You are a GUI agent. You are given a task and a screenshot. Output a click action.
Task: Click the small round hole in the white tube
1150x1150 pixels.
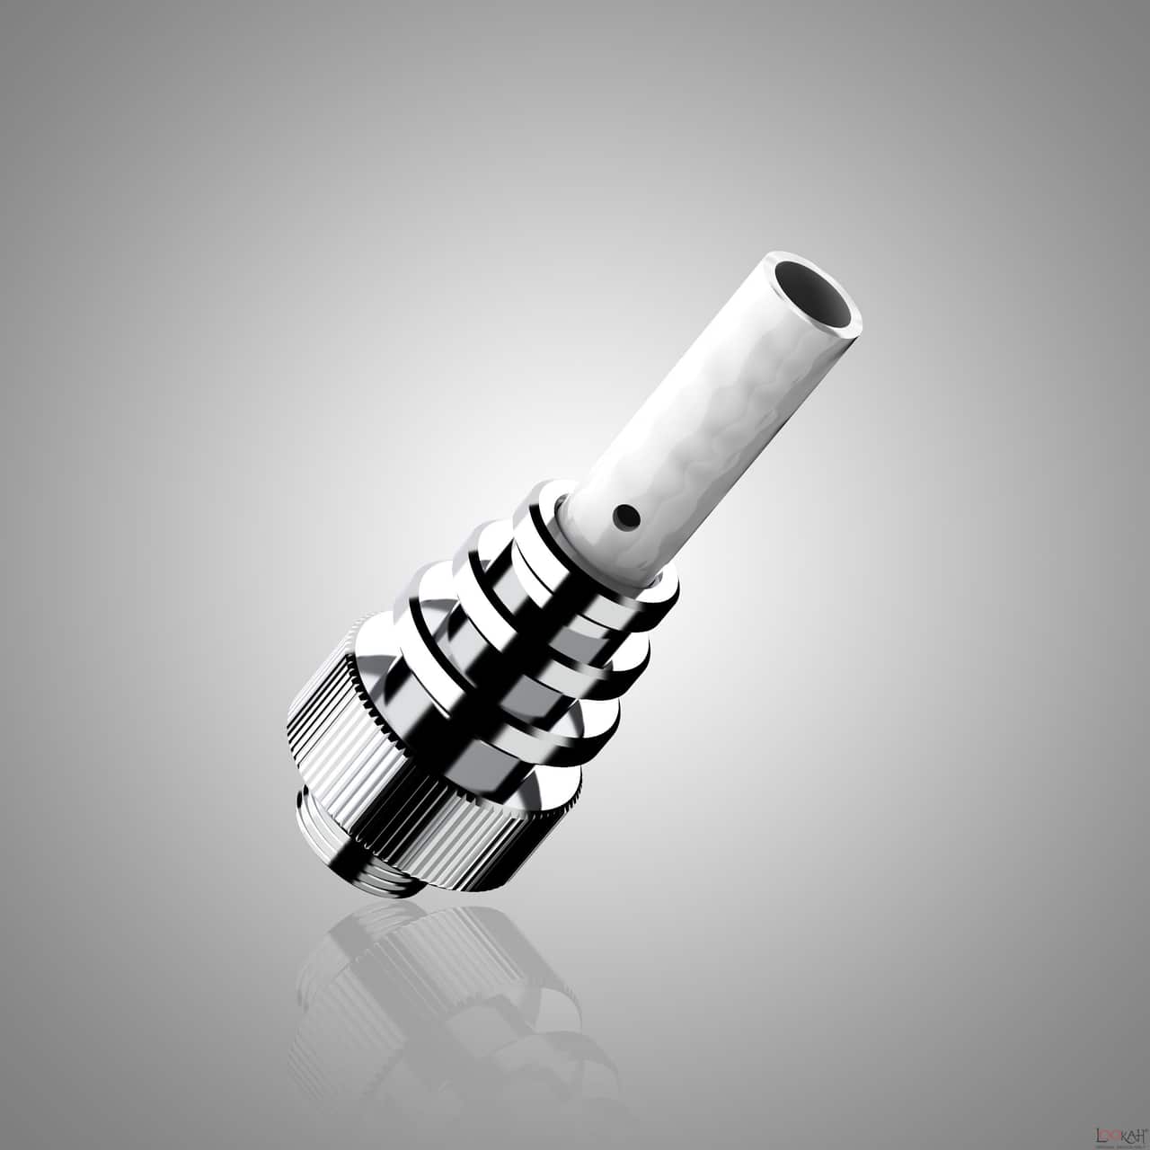click(x=622, y=515)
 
